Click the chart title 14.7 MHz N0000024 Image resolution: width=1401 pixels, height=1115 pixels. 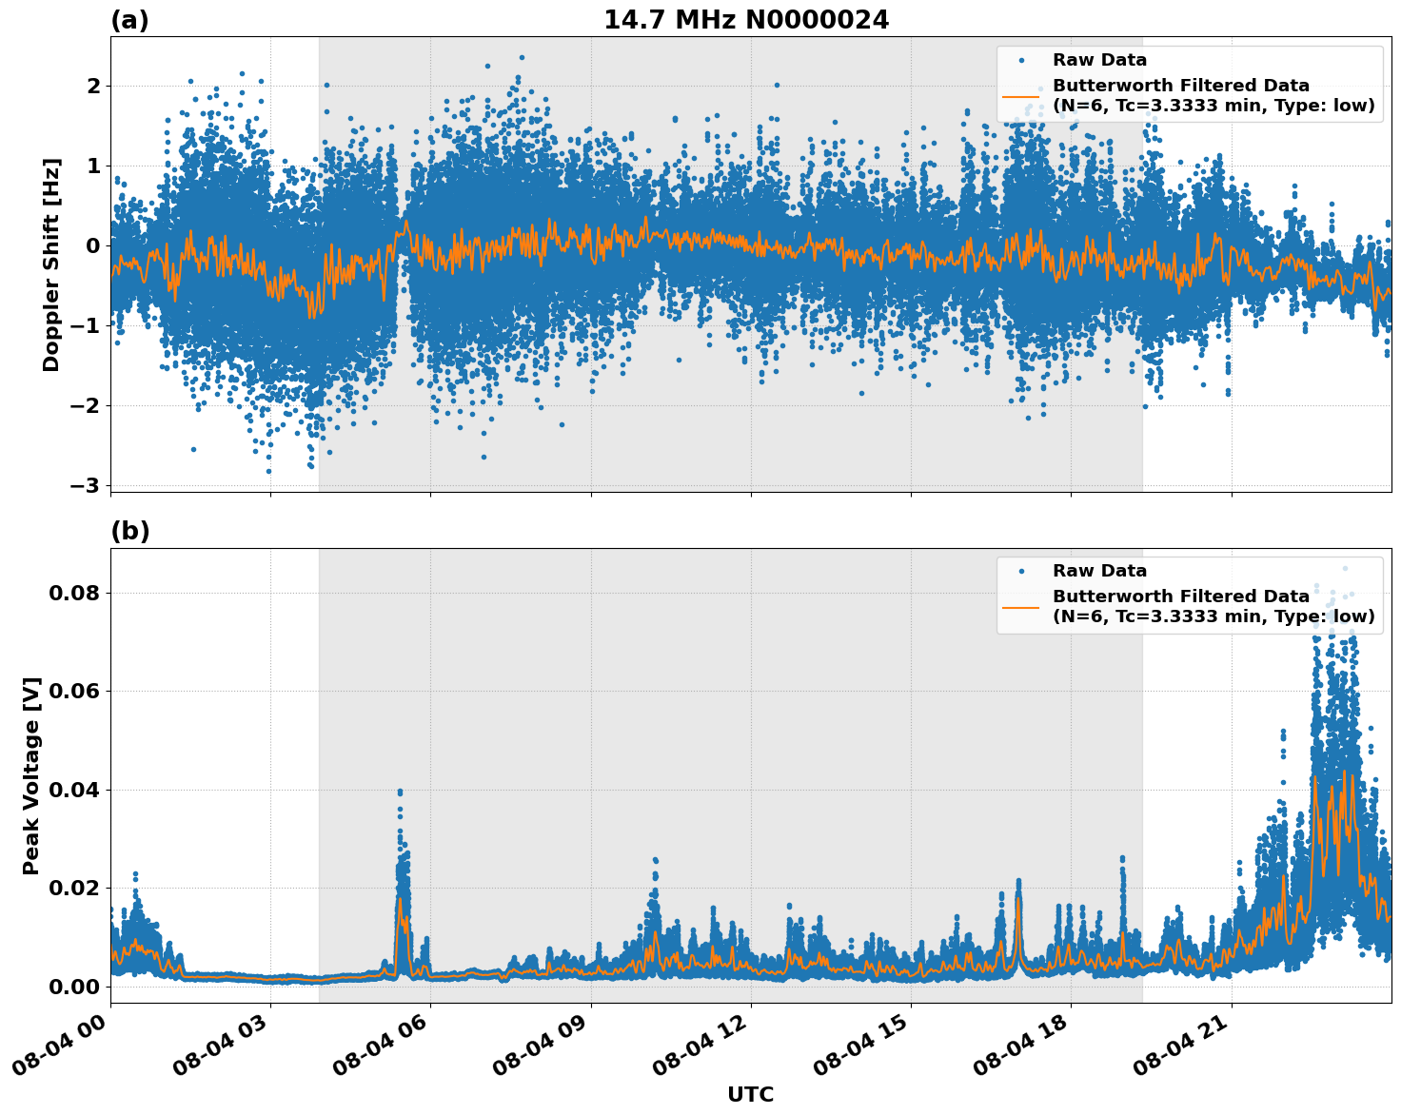click(746, 20)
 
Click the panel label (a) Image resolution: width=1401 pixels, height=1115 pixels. click(129, 20)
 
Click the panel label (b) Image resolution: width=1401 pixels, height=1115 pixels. click(129, 531)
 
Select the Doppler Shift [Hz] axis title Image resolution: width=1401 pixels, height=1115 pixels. click(51, 264)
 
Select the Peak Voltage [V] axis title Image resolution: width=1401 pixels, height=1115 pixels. click(31, 775)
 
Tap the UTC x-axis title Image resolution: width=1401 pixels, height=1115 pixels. click(750, 1094)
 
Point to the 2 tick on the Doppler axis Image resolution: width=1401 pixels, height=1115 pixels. click(94, 87)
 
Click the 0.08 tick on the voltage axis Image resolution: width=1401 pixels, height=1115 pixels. click(74, 594)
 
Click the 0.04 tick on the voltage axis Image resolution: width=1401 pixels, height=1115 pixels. click(74, 791)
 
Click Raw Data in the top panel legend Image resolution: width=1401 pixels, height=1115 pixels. click(1099, 60)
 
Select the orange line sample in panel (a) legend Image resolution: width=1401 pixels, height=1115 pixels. click(1020, 95)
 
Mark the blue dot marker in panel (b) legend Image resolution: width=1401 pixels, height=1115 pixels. click(1020, 571)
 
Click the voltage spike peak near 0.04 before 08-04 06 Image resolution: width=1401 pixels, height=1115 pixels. click(400, 792)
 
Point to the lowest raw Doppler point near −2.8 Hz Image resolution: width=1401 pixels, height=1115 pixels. click(268, 471)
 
